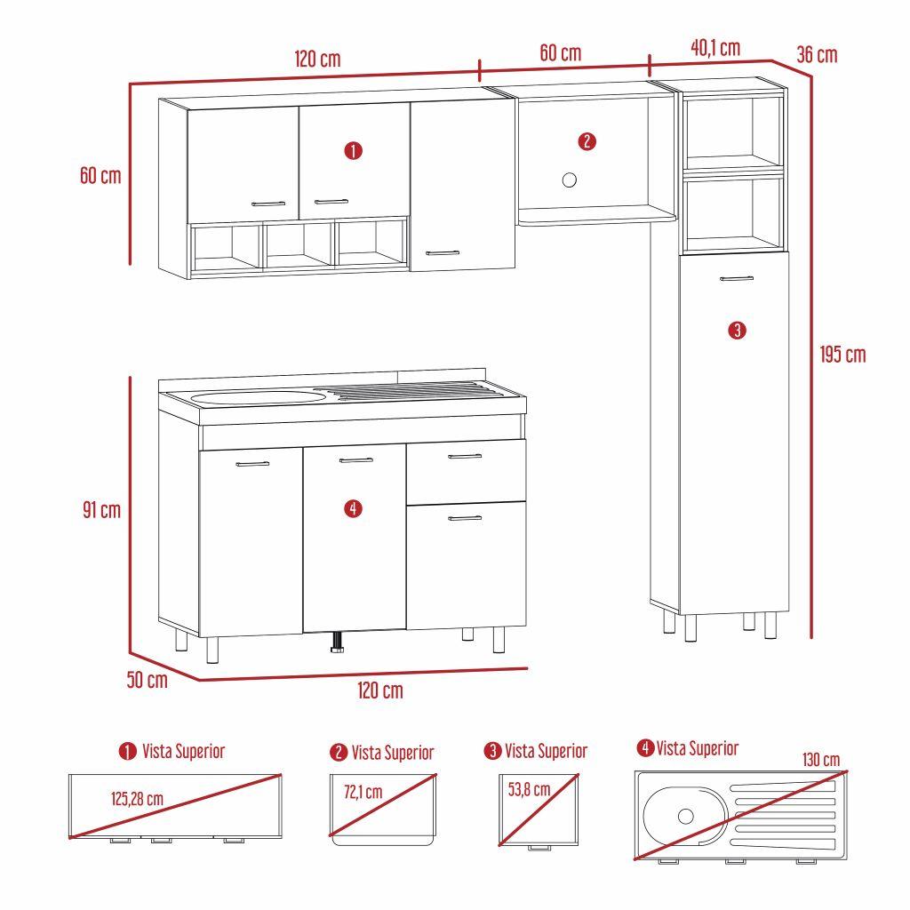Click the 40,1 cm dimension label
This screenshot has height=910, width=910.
(715, 49)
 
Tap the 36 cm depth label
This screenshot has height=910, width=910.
(817, 55)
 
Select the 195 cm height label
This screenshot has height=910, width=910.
(842, 355)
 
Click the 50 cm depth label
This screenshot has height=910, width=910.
(147, 681)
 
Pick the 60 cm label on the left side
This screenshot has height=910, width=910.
(100, 175)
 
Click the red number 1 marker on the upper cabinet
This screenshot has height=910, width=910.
(353, 151)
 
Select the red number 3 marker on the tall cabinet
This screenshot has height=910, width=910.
(736, 331)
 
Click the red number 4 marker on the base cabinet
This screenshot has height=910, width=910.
(353, 508)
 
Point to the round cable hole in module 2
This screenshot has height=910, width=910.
(570, 180)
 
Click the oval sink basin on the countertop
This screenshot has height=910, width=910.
(258, 396)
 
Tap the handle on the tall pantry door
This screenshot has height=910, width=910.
(736, 279)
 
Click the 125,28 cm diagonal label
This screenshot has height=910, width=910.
(137, 799)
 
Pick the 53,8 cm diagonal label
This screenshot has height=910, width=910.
(529, 788)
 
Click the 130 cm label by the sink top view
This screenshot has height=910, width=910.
(820, 760)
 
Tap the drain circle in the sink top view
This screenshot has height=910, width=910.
(685, 816)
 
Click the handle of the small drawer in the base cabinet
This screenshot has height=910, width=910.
(465, 457)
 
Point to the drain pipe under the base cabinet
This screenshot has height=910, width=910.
(338, 643)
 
